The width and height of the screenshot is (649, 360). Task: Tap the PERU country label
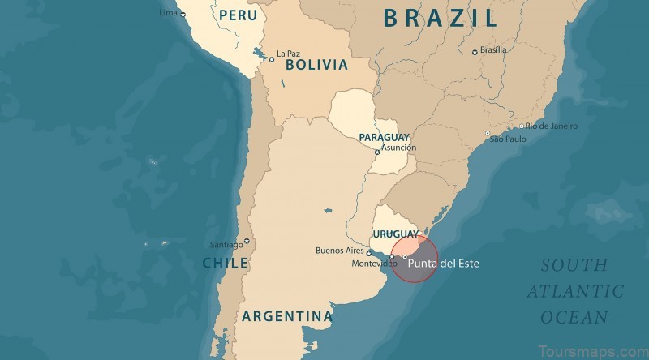(x=238, y=15)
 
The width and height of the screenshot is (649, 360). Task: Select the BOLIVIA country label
(x=316, y=64)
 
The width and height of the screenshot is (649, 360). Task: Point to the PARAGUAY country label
(x=384, y=137)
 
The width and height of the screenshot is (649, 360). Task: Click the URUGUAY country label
(x=395, y=234)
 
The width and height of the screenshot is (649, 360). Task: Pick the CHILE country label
(x=226, y=263)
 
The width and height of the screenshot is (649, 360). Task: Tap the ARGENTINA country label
(x=287, y=316)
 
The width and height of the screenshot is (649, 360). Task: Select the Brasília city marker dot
(x=475, y=53)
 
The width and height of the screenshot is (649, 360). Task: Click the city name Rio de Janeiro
(x=551, y=126)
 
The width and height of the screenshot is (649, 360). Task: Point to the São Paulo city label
(x=508, y=139)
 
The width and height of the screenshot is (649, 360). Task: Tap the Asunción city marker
(x=377, y=152)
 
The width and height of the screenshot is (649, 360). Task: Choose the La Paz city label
(x=288, y=54)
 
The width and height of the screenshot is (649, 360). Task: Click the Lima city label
(x=168, y=13)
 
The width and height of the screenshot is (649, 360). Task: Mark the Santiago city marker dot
(x=247, y=241)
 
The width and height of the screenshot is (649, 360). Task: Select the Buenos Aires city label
(x=339, y=251)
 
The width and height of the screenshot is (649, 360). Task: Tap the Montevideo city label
(x=374, y=264)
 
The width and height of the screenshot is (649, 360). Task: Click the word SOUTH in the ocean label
(x=574, y=265)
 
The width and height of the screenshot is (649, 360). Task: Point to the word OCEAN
(x=575, y=317)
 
